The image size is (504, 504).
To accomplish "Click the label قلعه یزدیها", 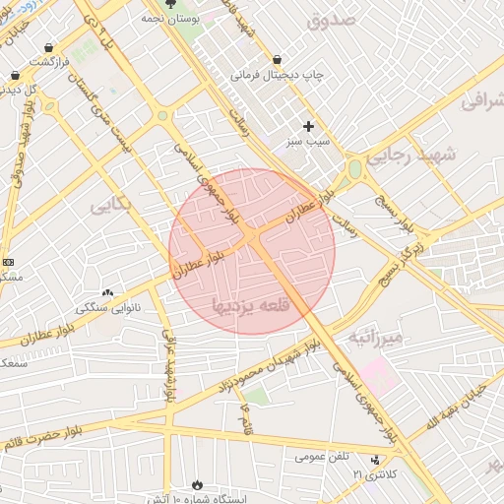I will click(x=252, y=307).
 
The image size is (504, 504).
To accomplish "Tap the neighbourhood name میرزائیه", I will click(x=374, y=339).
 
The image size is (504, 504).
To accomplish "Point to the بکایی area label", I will click(x=109, y=205).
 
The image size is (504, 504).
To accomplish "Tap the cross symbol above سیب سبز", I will click(x=309, y=126).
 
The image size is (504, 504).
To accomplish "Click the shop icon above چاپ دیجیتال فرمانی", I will click(x=277, y=59).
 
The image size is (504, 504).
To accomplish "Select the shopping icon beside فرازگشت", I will click(x=49, y=46).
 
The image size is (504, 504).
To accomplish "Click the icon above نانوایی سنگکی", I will click(x=107, y=292).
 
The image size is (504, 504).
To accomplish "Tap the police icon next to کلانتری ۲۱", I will click(x=374, y=461).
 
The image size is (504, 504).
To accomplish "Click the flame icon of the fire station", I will click(x=196, y=484).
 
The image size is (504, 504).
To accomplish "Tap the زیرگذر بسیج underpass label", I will click(x=406, y=254).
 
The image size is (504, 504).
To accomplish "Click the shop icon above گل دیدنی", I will click(x=14, y=75).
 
